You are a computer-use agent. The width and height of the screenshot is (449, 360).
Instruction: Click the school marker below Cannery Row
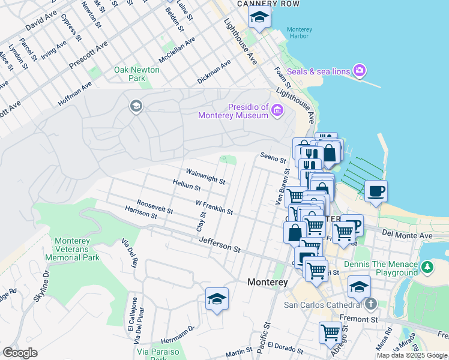(x=259, y=17)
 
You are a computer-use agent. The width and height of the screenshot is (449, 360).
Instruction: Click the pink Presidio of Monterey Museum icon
(x=277, y=110)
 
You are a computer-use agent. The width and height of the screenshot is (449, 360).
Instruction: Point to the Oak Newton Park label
(x=137, y=74)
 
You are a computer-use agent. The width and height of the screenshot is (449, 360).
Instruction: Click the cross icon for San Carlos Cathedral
(x=370, y=304)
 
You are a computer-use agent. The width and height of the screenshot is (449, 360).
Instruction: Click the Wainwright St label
(x=205, y=176)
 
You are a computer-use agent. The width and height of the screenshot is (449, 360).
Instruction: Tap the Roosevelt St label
(x=155, y=207)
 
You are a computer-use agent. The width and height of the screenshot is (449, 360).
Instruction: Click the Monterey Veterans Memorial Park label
(x=77, y=249)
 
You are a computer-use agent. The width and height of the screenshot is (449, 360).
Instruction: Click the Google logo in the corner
(x=20, y=353)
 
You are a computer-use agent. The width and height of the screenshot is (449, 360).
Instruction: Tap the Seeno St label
(x=272, y=159)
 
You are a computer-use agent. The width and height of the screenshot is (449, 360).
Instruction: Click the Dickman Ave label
(x=214, y=71)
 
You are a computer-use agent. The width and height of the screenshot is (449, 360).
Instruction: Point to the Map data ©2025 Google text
(x=412, y=355)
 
